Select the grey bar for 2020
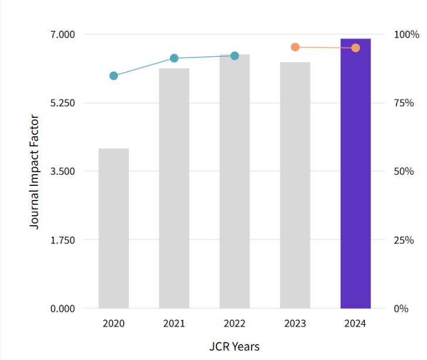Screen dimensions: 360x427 click(x=114, y=228)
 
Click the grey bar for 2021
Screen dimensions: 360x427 click(x=174, y=188)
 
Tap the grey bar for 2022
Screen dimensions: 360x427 click(x=235, y=181)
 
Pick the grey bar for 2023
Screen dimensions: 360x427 click(x=295, y=185)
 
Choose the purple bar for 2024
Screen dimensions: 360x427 click(x=355, y=173)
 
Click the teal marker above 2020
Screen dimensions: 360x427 click(x=114, y=76)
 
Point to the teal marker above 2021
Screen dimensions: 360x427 click(x=174, y=58)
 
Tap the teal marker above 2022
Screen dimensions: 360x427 click(x=235, y=56)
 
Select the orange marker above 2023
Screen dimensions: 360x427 click(x=295, y=47)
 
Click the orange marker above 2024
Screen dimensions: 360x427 click(x=355, y=47)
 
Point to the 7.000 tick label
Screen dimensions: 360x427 click(x=63, y=35)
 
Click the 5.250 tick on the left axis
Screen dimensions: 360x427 click(x=63, y=103)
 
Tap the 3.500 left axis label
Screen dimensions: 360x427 click(x=63, y=172)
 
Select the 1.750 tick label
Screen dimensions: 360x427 click(x=63, y=240)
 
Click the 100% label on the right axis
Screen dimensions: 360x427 click(x=406, y=35)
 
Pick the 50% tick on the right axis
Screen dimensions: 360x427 click(x=404, y=172)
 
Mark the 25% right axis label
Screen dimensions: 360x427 click(x=404, y=240)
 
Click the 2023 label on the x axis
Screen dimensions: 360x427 click(x=295, y=324)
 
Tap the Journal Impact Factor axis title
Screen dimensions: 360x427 click(x=35, y=172)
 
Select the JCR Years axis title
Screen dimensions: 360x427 click(x=234, y=346)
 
